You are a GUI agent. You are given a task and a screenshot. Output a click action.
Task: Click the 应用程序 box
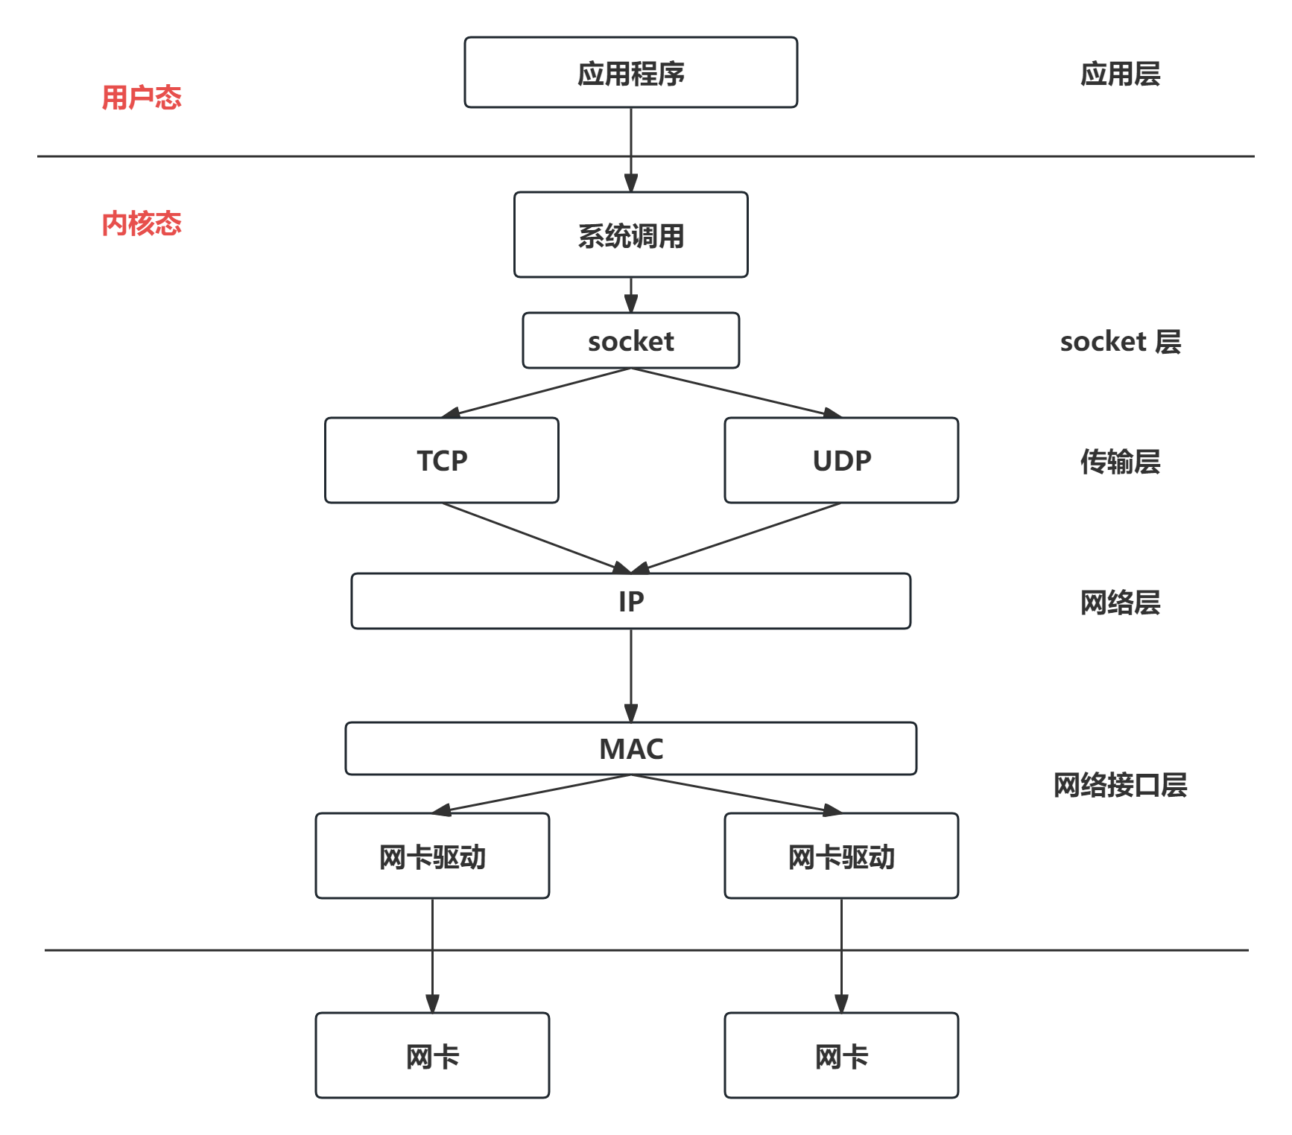pyautogui.click(x=630, y=73)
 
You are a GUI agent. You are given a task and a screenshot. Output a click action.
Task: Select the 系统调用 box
pyautogui.click(x=630, y=235)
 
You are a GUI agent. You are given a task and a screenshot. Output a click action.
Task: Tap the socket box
pyautogui.click(x=630, y=341)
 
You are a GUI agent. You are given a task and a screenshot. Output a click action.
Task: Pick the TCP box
pyautogui.click(x=442, y=460)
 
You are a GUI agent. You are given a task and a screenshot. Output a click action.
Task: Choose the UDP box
pyautogui.click(x=841, y=460)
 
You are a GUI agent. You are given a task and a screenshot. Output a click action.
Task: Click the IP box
pyautogui.click(x=630, y=601)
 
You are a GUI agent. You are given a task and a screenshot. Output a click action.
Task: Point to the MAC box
pyautogui.click(x=630, y=748)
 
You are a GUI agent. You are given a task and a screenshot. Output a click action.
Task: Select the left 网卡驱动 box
pyautogui.click(x=432, y=856)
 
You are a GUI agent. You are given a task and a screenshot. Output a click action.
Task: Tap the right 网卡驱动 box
pyautogui.click(x=841, y=856)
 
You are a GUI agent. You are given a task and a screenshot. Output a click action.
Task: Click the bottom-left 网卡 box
pyautogui.click(x=432, y=1056)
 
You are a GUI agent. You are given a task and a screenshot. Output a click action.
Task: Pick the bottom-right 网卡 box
pyautogui.click(x=841, y=1056)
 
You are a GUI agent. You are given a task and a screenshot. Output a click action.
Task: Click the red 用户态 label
pyautogui.click(x=142, y=98)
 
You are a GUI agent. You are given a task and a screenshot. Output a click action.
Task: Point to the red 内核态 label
pyautogui.click(x=142, y=223)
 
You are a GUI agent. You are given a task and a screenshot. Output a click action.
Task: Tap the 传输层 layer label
pyautogui.click(x=1120, y=462)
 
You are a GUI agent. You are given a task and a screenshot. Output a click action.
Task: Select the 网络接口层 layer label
pyautogui.click(x=1120, y=785)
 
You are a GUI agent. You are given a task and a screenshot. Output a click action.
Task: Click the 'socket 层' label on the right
pyautogui.click(x=1120, y=342)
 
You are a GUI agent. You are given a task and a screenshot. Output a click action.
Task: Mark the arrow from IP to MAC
pyautogui.click(x=631, y=675)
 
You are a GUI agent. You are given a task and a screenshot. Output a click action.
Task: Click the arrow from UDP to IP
pyautogui.click(x=738, y=538)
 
